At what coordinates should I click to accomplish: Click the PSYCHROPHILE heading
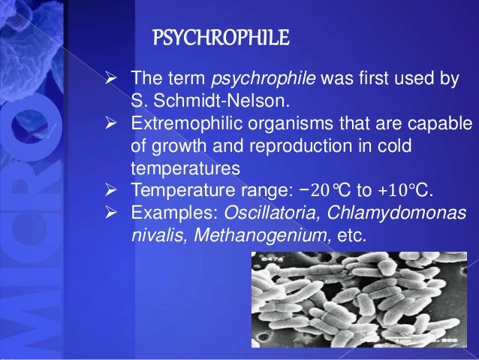point(221,37)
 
